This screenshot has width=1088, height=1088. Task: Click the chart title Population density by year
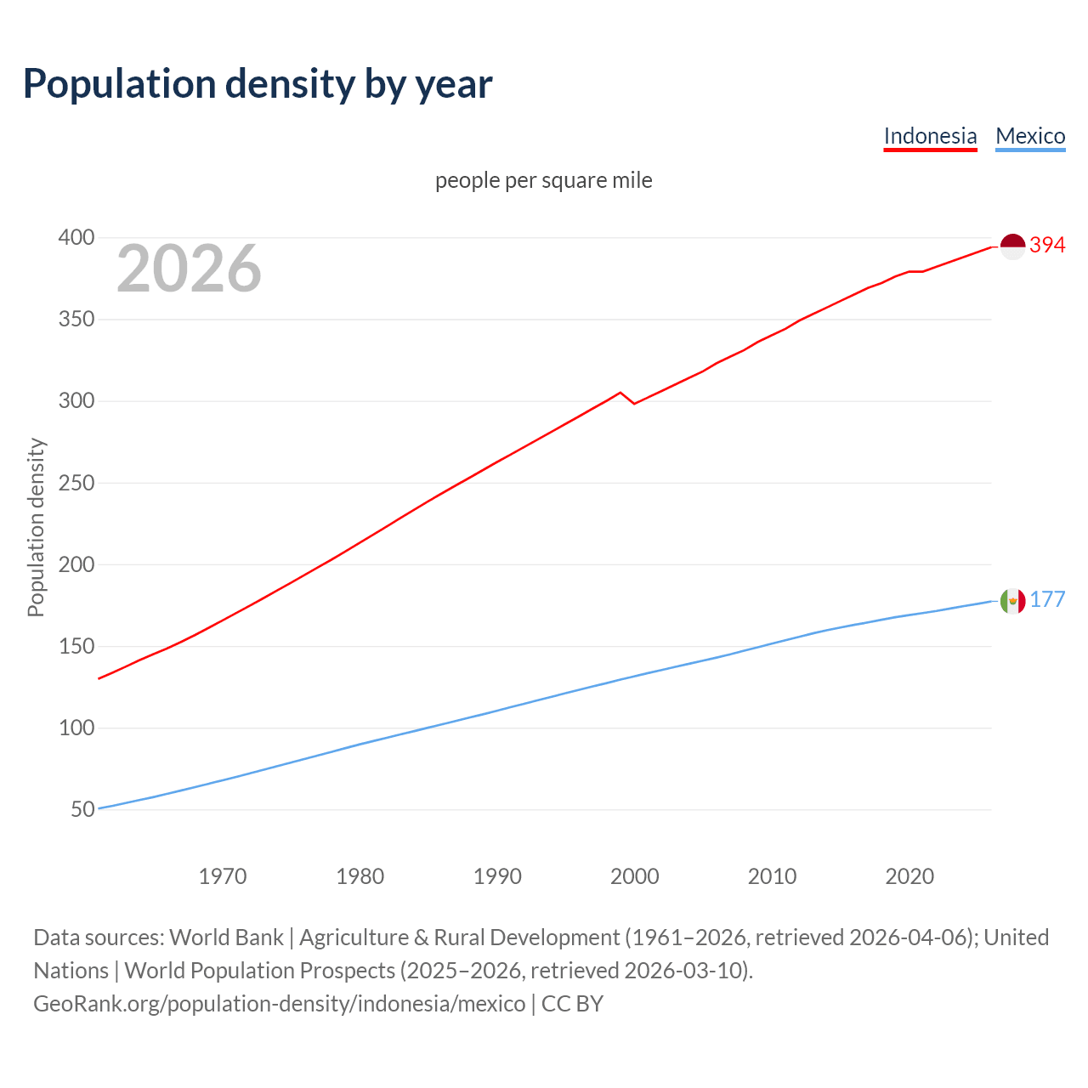coord(258,84)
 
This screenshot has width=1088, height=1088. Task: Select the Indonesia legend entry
coord(930,136)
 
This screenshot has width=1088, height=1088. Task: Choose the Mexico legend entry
coord(1030,136)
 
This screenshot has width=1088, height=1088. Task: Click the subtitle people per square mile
coord(544,180)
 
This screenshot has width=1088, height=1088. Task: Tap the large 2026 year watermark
coord(189,269)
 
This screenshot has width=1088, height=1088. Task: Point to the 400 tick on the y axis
coord(76,237)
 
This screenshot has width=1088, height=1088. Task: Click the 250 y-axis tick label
coord(76,483)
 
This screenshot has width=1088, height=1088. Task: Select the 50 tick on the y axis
coord(82,809)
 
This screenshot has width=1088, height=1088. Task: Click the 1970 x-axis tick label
coord(223,876)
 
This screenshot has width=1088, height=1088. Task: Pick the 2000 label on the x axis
coord(635,876)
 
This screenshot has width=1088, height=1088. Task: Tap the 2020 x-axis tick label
coord(909,876)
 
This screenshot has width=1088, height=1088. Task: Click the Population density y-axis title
coord(36,527)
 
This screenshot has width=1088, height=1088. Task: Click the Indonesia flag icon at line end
coord(1012,246)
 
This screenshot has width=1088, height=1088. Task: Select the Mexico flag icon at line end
coord(1012,601)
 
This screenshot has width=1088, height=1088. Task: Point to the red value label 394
coord(1047,245)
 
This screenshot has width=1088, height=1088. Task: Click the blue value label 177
coord(1047,600)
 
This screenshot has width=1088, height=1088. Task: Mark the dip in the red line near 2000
coord(634,403)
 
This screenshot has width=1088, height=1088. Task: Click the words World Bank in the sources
coord(226,938)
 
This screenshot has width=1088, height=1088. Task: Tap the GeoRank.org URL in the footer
coord(280,1004)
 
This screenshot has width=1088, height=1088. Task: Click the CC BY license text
coord(572,1004)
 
